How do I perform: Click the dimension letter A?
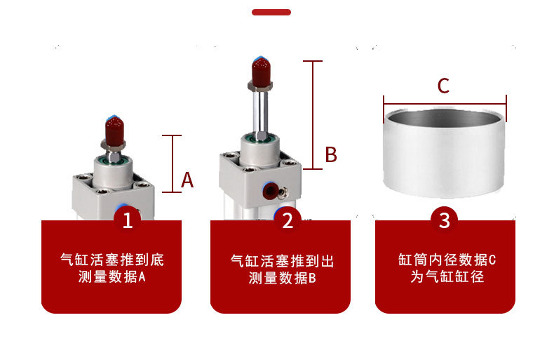tap(187, 180)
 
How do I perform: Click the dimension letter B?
tap(331, 154)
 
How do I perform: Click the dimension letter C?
tap(443, 86)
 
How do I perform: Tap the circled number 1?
tap(128, 221)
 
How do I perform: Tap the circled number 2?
tap(287, 221)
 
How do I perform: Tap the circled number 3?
tap(444, 220)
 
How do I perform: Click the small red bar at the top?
tap(271, 12)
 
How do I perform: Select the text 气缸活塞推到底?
tap(112, 260)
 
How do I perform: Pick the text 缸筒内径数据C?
tap(447, 260)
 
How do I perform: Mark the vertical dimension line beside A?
tap(173, 164)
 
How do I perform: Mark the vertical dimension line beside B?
tap(313, 114)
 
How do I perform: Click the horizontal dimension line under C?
tap(445, 102)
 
